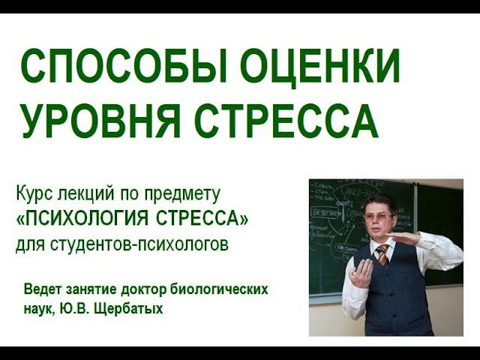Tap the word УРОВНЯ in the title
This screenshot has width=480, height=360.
coord(100,121)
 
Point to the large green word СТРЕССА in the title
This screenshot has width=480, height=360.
coord(286,121)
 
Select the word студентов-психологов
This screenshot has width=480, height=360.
coord(139,244)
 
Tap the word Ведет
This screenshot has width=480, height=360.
coord(43,289)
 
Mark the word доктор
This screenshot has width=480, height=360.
coord(143,289)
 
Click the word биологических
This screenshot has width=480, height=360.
coord(218,289)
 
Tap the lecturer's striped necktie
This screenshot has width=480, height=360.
coord(382,254)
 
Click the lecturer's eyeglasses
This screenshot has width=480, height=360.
coord(379,217)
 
